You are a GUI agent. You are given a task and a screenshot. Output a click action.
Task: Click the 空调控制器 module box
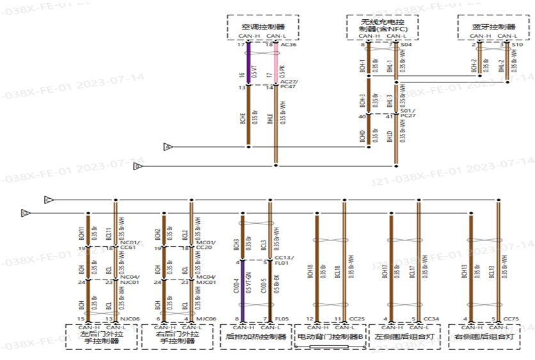pos(263,27)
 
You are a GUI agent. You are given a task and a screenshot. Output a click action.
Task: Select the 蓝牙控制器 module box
pos(493,27)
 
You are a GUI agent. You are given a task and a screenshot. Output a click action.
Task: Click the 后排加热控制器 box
pos(255,336)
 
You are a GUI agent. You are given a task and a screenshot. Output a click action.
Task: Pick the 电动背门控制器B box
pos(330,336)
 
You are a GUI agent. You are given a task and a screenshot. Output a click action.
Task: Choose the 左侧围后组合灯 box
pos(404,336)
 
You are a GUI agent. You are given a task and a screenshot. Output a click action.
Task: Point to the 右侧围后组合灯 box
pos(484,336)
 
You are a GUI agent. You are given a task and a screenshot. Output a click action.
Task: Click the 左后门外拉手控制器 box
pos(101,336)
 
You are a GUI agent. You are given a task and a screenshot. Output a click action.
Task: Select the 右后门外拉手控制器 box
pos(177,336)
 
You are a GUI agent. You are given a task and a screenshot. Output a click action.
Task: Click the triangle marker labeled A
pos(168,147)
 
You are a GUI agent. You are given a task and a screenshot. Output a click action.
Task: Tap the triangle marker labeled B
pos(137,166)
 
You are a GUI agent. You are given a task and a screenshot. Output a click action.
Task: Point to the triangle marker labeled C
pos(48,200)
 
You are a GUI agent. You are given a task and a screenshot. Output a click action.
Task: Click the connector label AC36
pos(289,45)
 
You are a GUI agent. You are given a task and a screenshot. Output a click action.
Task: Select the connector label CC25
pos(357,318)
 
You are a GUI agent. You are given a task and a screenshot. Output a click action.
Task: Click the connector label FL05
pos(282,318)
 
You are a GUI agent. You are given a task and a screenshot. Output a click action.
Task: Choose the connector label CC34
pos(431,318)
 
